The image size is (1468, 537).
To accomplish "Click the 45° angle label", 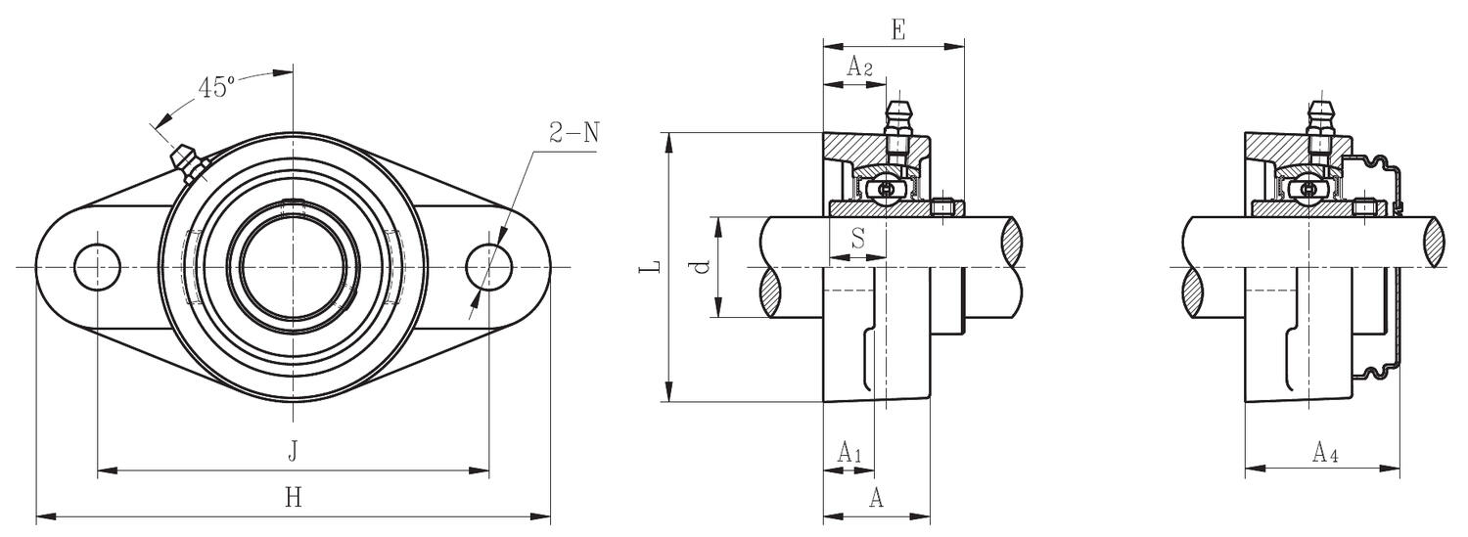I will (216, 87).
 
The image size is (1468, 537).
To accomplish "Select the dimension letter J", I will (293, 451).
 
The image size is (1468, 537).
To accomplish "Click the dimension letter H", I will (293, 497).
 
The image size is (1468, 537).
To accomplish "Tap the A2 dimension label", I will (858, 67).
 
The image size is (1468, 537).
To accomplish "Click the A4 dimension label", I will (1325, 452).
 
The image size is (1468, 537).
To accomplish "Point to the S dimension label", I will (857, 238).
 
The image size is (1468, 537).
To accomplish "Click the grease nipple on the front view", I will (187, 162).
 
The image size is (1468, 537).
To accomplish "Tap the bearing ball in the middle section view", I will (886, 188).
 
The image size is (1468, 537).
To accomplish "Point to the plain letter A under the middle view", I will (877, 498).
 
